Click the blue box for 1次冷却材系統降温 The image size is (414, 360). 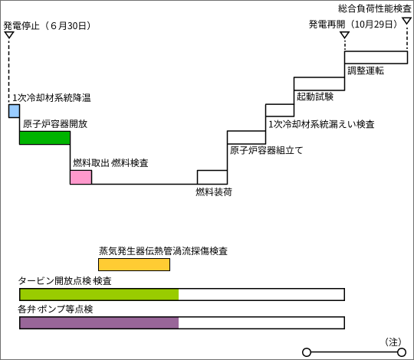[x=14, y=111]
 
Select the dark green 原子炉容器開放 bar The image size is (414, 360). [x=45, y=138]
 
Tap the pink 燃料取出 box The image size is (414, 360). [x=80, y=177]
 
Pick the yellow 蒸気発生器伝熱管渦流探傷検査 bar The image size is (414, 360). [x=134, y=264]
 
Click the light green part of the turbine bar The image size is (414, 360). [x=99, y=294]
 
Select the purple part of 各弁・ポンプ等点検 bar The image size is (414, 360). [x=99, y=322]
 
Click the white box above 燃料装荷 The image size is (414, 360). [x=212, y=177]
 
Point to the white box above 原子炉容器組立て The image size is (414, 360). [x=246, y=137]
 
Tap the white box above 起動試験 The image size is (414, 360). [x=319, y=83]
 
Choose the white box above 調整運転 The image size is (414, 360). [x=376, y=57]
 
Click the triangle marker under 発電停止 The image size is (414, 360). [x=9, y=35]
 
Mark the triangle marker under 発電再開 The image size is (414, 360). [x=344, y=35]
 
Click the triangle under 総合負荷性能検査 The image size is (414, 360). [x=407, y=21]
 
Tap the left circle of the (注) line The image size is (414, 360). [x=307, y=352]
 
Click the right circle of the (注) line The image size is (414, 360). [x=402, y=352]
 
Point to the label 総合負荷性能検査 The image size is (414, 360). [x=375, y=8]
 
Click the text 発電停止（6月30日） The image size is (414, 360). [x=48, y=25]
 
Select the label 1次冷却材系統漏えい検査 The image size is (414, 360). [x=321, y=124]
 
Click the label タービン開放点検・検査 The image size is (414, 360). [x=64, y=281]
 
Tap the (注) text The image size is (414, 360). [x=393, y=342]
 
